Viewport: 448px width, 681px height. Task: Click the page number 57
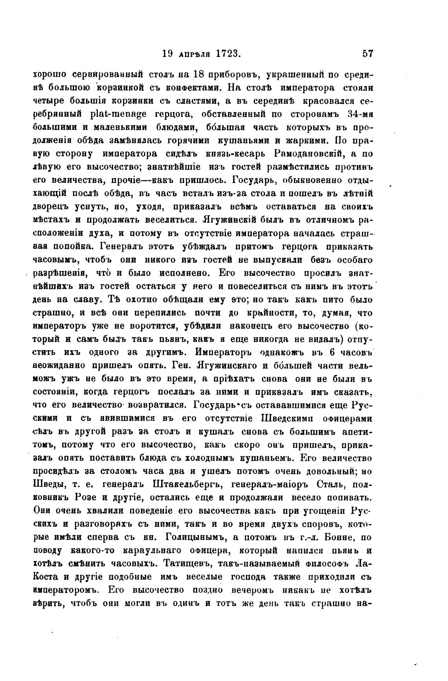(x=367, y=54)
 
